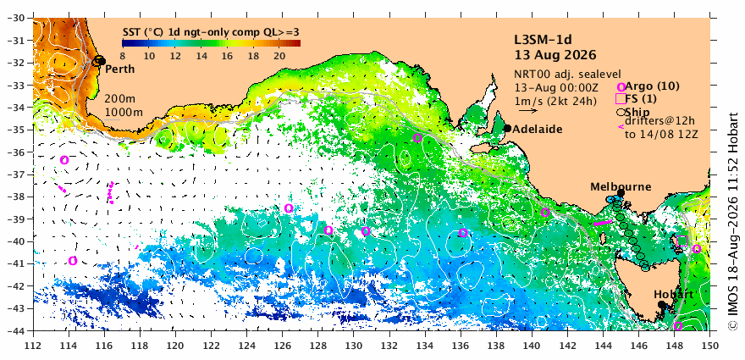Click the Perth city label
(x=119, y=69)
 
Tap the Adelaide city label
(x=538, y=129)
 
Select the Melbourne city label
(x=621, y=187)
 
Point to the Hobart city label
(x=670, y=294)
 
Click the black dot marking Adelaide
(x=507, y=128)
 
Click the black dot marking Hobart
(x=661, y=304)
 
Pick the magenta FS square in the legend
(x=621, y=98)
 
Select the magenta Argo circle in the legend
(x=621, y=87)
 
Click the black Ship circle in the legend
(x=621, y=113)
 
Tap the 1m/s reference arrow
(x=528, y=111)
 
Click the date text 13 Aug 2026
(x=555, y=55)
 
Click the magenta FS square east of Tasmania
(x=682, y=241)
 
